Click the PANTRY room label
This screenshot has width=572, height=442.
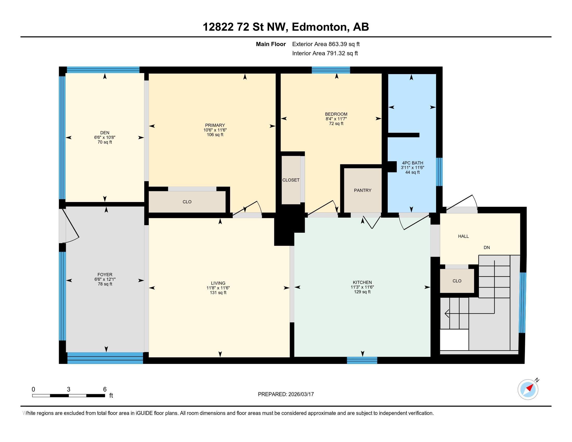click(362, 190)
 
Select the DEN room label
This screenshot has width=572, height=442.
click(105, 133)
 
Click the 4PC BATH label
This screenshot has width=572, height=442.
click(412, 163)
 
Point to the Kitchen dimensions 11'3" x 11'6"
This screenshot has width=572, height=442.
click(362, 287)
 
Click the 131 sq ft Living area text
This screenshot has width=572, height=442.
click(218, 292)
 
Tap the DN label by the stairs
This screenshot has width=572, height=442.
click(487, 248)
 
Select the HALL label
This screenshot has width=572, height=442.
click(463, 236)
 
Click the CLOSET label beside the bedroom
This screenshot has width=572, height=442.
click(291, 180)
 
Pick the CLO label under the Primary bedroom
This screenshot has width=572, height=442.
click(187, 202)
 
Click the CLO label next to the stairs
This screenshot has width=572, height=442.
click(457, 281)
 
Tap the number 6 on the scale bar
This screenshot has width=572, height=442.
click(105, 389)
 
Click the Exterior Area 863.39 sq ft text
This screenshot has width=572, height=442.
click(326, 44)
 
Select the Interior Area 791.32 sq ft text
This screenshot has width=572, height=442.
click(325, 53)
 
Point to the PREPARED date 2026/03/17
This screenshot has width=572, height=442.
click(286, 394)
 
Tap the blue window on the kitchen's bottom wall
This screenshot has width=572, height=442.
click(362, 361)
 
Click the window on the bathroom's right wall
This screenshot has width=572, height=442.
click(439, 172)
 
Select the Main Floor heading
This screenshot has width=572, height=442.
click(271, 44)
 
